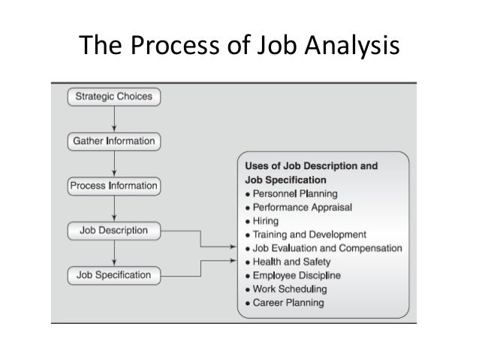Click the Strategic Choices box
point(113,96)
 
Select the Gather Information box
point(113,141)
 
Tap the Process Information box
point(113,185)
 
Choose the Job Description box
point(113,230)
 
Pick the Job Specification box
point(113,275)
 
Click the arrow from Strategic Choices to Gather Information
point(113,118)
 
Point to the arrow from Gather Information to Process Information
point(113,162)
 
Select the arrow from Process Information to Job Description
point(113,207)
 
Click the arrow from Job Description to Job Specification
point(113,253)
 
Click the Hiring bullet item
point(266,221)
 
